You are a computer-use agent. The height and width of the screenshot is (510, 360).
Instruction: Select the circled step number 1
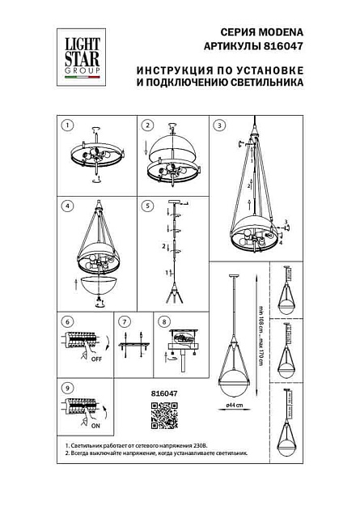coord(68,125)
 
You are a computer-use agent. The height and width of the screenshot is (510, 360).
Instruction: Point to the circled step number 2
coord(147,125)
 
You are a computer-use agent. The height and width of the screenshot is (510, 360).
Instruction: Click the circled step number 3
coord(219,125)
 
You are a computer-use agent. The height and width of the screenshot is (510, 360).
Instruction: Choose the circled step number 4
coord(68,205)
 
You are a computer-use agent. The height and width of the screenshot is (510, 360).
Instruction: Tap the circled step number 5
coord(147,205)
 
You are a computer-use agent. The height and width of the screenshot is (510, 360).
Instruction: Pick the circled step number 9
coord(68,388)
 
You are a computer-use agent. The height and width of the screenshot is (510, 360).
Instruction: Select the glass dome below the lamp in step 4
coord(100,285)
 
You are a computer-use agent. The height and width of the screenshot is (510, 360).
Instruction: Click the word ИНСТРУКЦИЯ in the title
coord(171,70)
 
